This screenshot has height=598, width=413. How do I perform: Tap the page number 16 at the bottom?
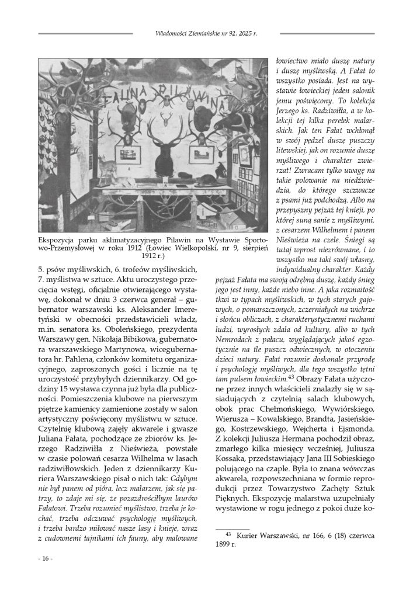click(45, 558)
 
